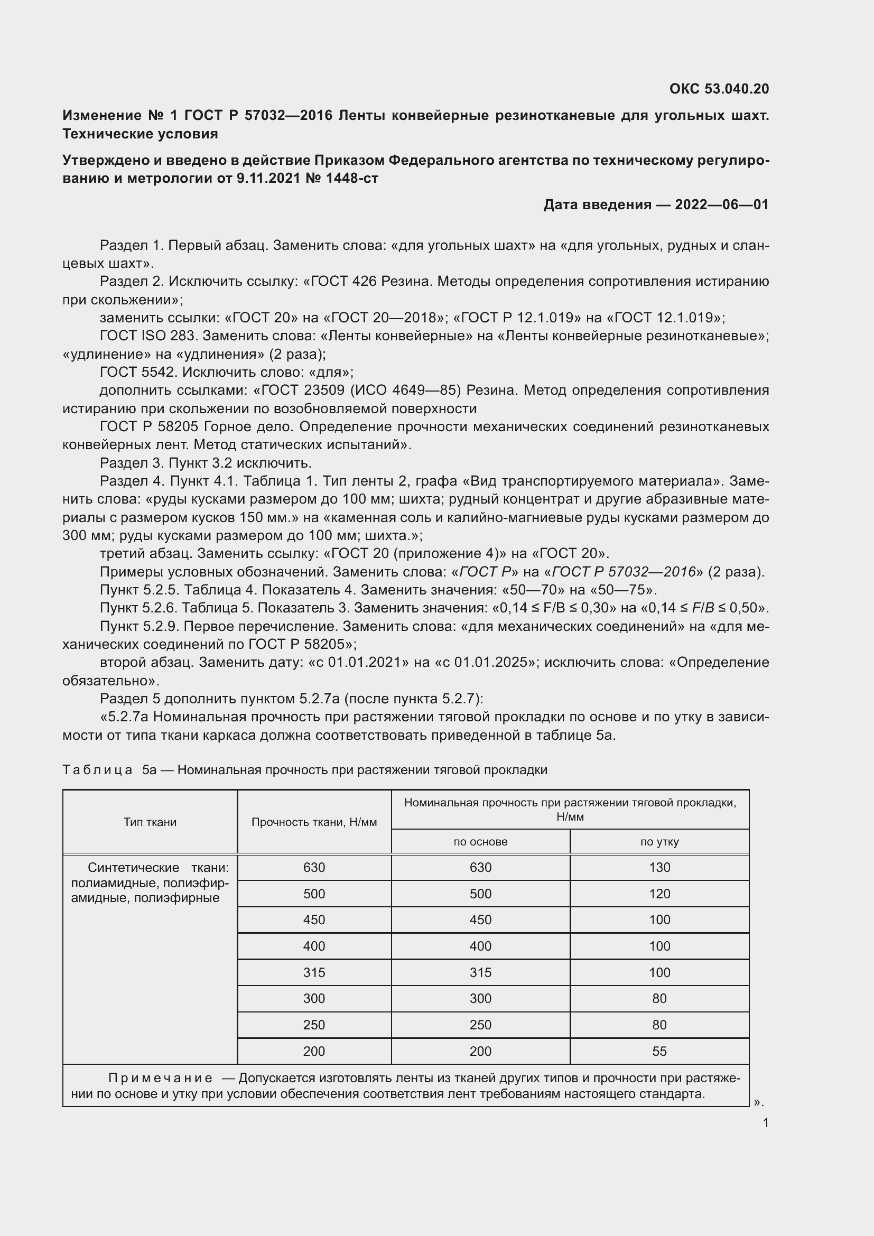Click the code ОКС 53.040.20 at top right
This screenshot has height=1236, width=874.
(x=719, y=89)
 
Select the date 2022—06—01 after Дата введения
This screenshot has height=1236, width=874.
(x=721, y=205)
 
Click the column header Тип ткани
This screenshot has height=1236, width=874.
(x=150, y=822)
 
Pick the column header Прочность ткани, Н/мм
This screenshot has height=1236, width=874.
(x=314, y=822)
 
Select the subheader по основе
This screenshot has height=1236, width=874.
(x=480, y=842)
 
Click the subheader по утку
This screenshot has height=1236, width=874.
(x=659, y=842)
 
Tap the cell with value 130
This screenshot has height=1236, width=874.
(x=659, y=867)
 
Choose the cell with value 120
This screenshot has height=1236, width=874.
(x=659, y=894)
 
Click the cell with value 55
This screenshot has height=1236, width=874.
(x=659, y=1051)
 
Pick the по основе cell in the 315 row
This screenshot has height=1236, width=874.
(x=480, y=972)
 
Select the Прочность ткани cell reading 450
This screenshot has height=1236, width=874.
(x=314, y=919)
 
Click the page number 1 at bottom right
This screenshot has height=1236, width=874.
(x=766, y=1123)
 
